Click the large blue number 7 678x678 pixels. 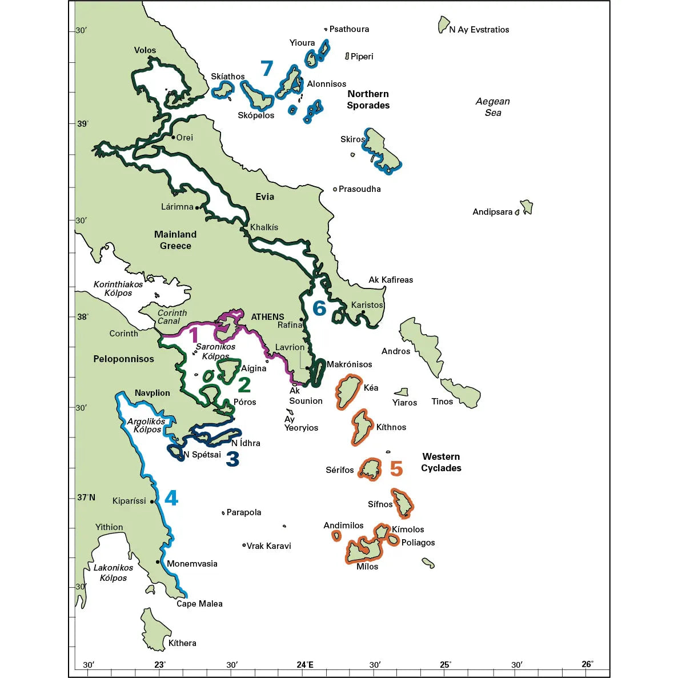[267, 69]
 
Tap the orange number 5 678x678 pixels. [396, 469]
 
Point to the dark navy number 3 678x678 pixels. [232, 459]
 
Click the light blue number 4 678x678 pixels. [171, 498]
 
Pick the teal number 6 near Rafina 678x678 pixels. [319, 308]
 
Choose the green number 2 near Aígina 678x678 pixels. [244, 385]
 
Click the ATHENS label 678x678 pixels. [267, 316]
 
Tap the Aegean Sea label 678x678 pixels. [492, 107]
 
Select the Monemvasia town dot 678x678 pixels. [158, 561]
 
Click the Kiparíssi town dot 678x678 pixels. [153, 502]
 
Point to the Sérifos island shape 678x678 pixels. [370, 470]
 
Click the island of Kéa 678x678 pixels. [348, 391]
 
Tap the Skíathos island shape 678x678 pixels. [223, 90]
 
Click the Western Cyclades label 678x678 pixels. [441, 462]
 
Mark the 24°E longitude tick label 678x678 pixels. [305, 664]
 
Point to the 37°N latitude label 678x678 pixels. [86, 498]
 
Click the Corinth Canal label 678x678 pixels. [171, 317]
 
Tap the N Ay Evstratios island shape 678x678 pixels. [444, 25]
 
